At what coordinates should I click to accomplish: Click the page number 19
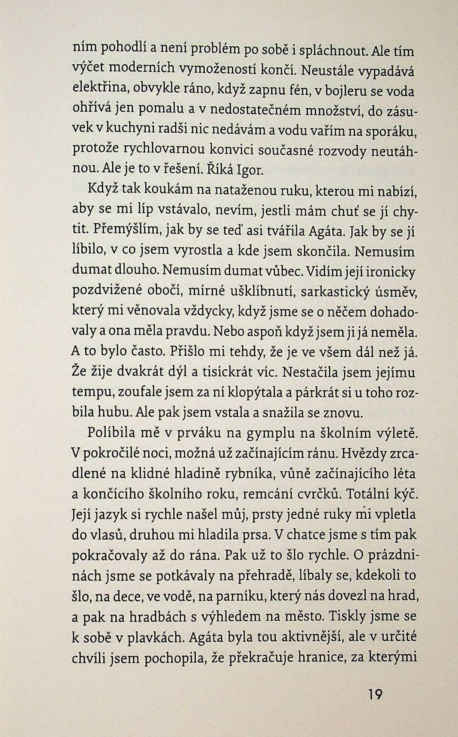[x=375, y=695]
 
